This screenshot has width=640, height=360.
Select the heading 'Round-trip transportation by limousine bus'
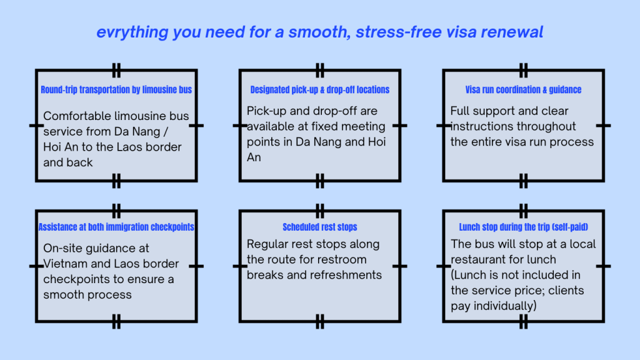pos(116,90)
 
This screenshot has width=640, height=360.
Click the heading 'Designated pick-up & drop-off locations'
pos(320,90)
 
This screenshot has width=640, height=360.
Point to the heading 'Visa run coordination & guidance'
pos(524,90)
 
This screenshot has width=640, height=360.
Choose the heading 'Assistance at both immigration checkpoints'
pos(116,227)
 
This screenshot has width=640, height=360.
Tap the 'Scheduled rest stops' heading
pos(320,227)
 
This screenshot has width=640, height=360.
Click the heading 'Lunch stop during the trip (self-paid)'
pos(524,227)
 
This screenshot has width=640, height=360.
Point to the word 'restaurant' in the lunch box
pos(479,259)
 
